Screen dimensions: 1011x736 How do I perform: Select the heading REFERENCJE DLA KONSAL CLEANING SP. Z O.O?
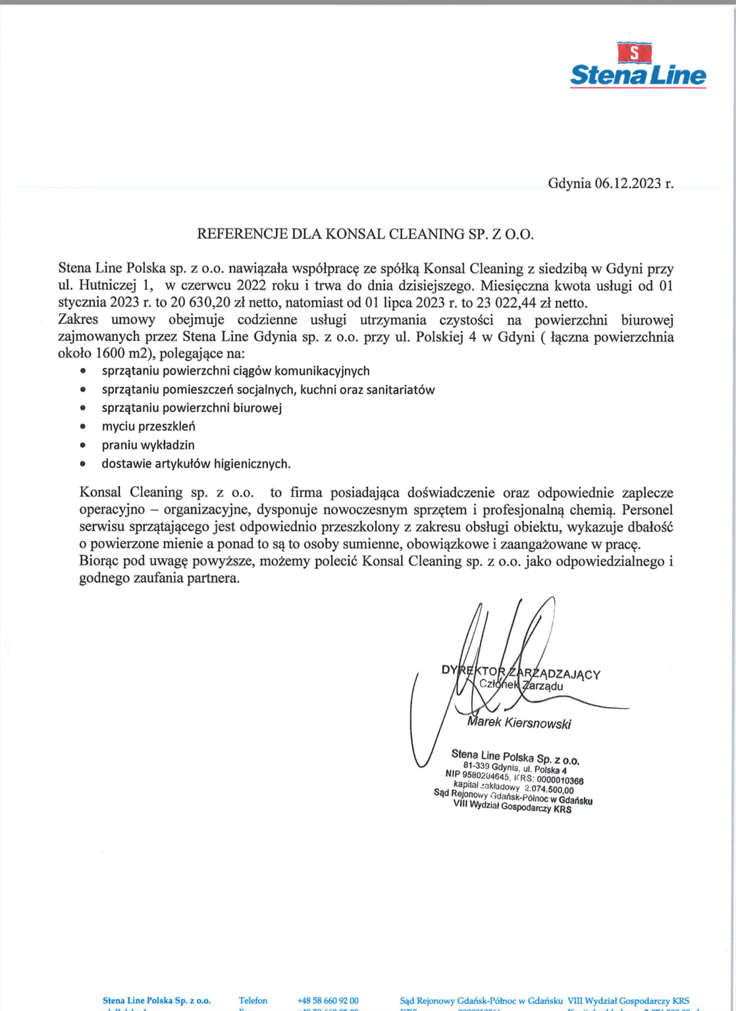365,234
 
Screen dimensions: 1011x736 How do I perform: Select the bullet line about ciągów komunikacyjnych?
236,371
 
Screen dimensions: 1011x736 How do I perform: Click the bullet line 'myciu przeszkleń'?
148,427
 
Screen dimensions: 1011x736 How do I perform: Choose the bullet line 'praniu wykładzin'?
148,445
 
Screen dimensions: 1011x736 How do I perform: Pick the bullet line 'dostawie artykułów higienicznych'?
196,464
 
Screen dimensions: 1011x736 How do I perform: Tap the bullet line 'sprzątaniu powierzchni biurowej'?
192,408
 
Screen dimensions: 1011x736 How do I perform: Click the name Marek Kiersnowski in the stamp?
519,722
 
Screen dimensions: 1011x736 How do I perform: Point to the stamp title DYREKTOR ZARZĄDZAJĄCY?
521,673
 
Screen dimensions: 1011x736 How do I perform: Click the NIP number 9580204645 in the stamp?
486,776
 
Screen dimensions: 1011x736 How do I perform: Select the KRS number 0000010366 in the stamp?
560,781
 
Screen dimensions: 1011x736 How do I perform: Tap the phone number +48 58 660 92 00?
328,1000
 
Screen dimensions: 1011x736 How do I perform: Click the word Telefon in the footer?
253,1000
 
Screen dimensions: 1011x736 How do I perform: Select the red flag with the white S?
633,52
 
